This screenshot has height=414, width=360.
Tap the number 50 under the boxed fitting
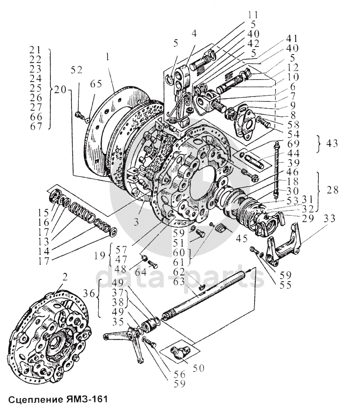pos(198,368)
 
